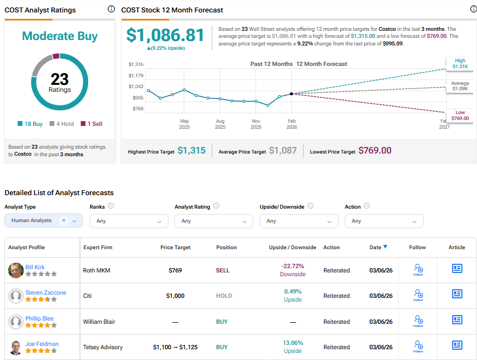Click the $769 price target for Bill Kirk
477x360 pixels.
point(175,270)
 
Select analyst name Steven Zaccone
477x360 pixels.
point(45,292)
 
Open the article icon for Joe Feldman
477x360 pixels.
point(457,345)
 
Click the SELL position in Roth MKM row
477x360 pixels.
point(223,270)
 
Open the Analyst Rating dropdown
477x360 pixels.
point(214,221)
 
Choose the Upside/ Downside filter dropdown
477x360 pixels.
point(299,221)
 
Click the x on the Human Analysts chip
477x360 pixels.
point(64,221)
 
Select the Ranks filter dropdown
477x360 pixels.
point(129,221)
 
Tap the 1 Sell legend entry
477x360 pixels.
point(91,124)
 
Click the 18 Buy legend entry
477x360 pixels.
point(30,124)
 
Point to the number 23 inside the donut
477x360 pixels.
point(59,79)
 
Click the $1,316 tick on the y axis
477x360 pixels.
point(136,64)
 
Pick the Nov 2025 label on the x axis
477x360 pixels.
point(256,124)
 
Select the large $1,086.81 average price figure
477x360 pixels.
point(165,36)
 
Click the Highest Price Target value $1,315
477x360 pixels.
point(191,151)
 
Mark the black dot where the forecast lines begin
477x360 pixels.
point(292,94)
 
